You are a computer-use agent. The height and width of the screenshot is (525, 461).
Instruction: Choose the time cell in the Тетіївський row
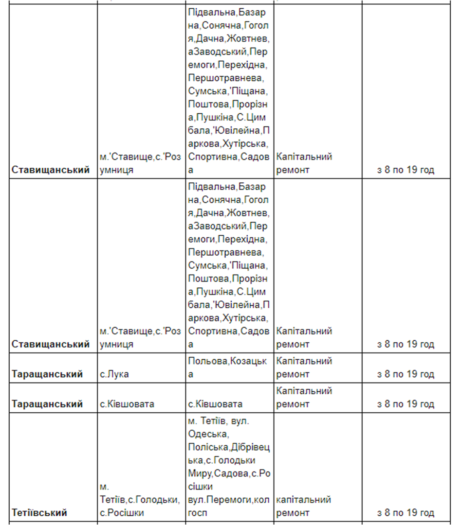(x=406, y=513)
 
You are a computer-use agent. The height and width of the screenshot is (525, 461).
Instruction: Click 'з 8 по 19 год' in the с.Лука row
(x=406, y=374)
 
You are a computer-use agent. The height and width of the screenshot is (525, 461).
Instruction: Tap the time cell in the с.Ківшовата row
(x=406, y=404)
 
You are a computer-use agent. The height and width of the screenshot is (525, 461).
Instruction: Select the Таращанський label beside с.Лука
(x=47, y=374)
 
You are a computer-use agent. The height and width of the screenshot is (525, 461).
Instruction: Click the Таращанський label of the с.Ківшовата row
(x=47, y=404)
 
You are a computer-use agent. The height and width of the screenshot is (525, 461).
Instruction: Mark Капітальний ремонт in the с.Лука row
(x=304, y=367)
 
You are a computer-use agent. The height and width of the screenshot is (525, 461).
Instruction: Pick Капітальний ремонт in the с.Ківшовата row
(x=304, y=397)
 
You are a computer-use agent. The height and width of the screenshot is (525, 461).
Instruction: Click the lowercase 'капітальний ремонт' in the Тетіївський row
(x=304, y=506)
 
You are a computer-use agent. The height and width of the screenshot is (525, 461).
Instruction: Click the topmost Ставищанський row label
(x=51, y=170)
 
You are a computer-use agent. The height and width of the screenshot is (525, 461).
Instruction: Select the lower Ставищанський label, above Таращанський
(x=51, y=344)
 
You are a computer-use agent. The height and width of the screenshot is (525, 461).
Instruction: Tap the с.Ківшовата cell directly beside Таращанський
(x=127, y=404)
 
